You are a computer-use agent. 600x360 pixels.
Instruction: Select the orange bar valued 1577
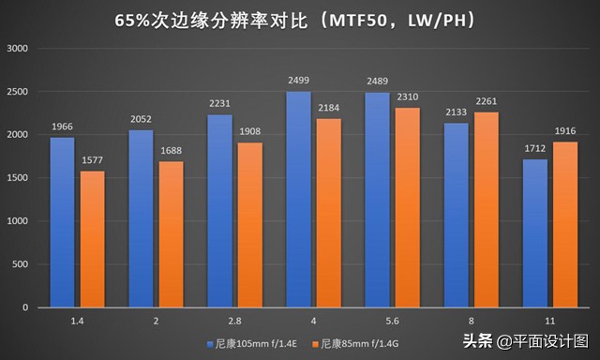(x=92, y=239)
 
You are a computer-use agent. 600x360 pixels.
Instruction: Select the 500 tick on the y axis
(x=22, y=264)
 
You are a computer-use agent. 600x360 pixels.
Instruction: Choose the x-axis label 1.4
(x=76, y=322)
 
